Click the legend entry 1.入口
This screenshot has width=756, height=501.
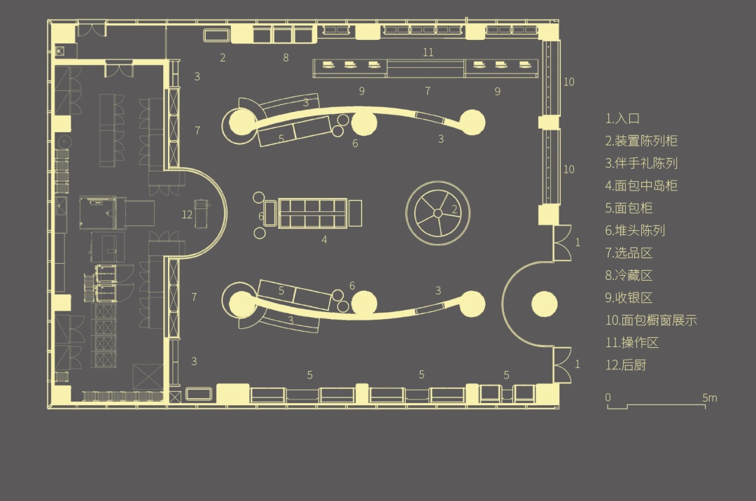tap(622, 118)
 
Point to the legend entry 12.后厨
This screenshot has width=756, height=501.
tap(626, 365)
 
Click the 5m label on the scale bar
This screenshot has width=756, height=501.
tap(710, 398)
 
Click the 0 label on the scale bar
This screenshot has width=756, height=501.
tap(608, 397)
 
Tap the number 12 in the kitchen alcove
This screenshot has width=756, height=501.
tap(187, 215)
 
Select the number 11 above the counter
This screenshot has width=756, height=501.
tap(428, 52)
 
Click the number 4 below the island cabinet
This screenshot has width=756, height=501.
tap(325, 239)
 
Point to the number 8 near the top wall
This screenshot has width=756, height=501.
tap(286, 58)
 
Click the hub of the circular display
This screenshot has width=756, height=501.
tap(437, 213)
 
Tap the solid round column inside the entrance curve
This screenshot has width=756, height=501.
tap(545, 304)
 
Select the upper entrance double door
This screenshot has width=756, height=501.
tap(562, 242)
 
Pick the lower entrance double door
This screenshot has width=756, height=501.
tap(562, 364)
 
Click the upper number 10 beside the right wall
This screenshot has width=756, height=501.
tap(569, 82)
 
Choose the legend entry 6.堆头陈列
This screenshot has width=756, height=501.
tap(636, 231)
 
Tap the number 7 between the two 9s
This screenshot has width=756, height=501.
tap(428, 91)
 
